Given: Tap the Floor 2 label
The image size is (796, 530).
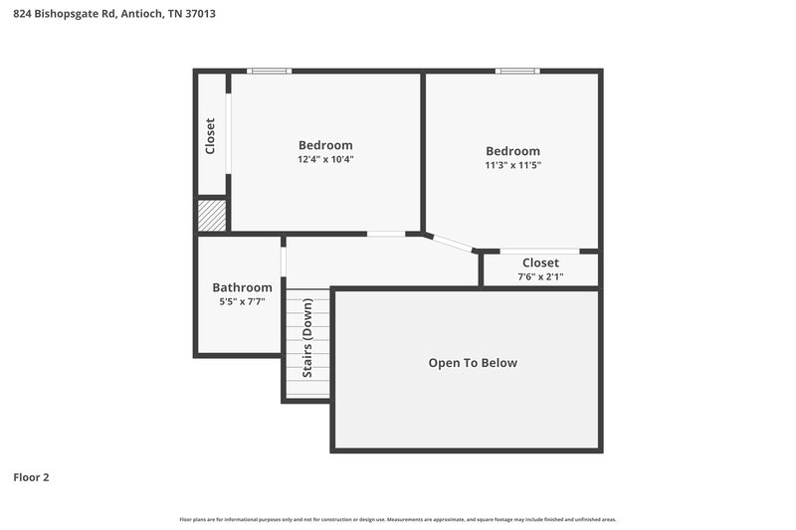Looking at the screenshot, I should click(31, 477).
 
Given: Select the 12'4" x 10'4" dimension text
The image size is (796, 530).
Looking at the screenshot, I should click(325, 159).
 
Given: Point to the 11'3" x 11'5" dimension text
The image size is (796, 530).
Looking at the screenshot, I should click(512, 165).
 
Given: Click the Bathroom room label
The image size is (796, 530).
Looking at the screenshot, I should click(242, 287).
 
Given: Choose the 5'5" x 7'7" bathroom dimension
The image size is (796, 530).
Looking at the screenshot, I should click(242, 301).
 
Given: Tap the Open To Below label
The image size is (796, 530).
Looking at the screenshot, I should click(473, 363).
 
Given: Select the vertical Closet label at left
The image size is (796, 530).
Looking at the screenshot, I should click(211, 136).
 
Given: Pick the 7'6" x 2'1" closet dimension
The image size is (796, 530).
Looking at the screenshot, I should click(540, 276).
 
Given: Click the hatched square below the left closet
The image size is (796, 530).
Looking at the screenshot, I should click(212, 215).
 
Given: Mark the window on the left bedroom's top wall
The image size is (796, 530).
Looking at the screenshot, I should click(270, 71).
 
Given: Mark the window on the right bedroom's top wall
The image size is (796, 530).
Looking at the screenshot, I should click(517, 71).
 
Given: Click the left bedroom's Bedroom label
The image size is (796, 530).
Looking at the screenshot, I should click(325, 145).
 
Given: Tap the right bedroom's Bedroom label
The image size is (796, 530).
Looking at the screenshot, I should click(512, 151).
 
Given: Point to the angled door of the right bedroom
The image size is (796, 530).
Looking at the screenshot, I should click(450, 243).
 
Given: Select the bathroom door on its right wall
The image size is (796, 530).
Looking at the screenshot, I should click(284, 262).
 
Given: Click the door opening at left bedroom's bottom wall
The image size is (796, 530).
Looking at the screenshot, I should click(386, 234).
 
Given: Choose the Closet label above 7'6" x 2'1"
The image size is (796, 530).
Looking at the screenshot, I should click(540, 263).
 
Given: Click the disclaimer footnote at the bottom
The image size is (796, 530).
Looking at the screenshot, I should click(397, 520).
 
